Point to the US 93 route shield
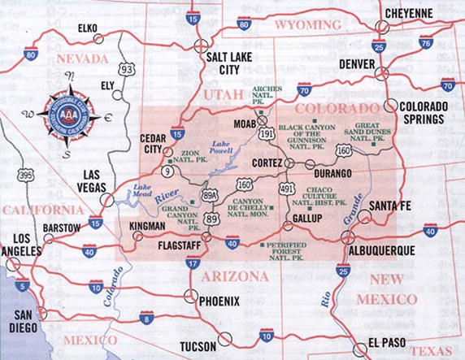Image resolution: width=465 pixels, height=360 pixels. point(126,70)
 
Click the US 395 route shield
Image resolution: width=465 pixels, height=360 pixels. point(25,175)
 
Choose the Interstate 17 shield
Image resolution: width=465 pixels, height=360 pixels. point(193,263)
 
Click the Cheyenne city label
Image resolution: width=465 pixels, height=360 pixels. point(408,14)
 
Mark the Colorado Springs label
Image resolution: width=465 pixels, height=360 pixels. point(423,113)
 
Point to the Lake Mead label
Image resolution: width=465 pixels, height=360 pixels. point(143,193)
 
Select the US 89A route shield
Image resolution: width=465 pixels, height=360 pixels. point(210,196)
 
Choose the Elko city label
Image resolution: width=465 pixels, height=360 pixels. point(87,28)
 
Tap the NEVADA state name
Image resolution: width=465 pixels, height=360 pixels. point(82,59)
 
